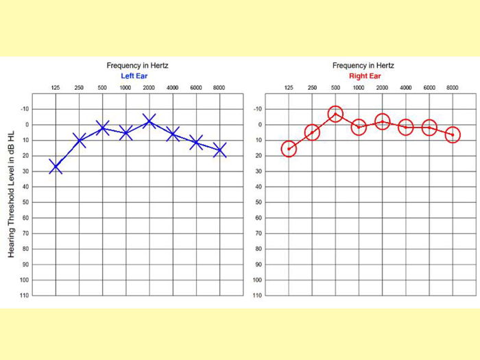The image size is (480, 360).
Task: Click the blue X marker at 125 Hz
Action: (x=56, y=166)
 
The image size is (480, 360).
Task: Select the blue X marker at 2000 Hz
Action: (x=149, y=121)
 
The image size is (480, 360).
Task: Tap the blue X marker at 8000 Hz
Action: (x=219, y=149)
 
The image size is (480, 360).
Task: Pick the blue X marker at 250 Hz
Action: (x=79, y=140)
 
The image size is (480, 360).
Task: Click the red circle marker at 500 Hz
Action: (x=335, y=114)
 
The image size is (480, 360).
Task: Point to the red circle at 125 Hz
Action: (x=289, y=149)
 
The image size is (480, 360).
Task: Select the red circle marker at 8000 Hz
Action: (x=453, y=134)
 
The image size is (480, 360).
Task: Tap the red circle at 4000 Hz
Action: (x=406, y=127)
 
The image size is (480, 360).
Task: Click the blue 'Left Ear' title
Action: (x=136, y=75)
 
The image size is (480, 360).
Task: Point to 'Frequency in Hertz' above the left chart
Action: (x=137, y=65)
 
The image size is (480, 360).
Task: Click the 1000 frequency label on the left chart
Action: (x=125, y=88)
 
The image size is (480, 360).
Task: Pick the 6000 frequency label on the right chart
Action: (x=429, y=88)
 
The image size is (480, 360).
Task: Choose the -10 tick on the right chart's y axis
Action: (x=259, y=109)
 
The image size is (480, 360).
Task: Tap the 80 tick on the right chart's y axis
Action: (x=259, y=249)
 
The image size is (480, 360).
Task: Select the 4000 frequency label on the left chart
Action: (x=173, y=88)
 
